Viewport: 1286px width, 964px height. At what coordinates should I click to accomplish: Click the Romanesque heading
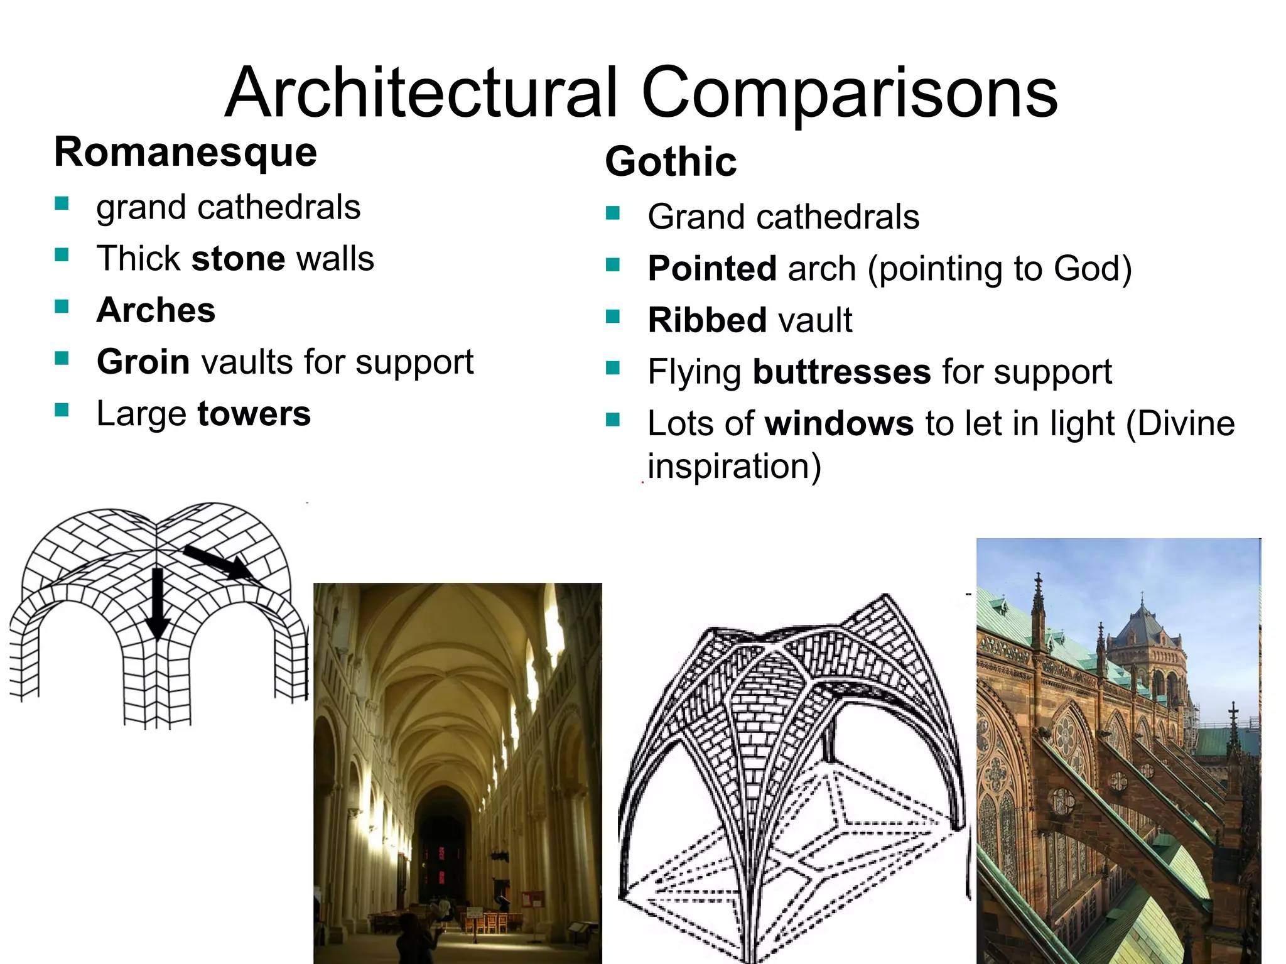186,153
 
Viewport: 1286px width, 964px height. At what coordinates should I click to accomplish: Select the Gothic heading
671,162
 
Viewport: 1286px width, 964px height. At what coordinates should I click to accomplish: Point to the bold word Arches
156,310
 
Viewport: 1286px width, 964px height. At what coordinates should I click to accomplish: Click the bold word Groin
143,362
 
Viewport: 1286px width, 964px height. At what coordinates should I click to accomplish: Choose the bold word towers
254,414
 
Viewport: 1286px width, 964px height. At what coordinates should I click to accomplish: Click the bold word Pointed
712,269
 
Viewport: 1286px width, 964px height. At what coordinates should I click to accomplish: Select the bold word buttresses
841,372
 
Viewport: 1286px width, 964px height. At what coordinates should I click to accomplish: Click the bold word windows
839,424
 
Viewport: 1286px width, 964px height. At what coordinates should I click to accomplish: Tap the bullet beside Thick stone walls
62,255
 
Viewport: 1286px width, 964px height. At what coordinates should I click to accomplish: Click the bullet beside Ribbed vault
613,316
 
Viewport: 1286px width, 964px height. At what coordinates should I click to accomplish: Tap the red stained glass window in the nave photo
441,864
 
